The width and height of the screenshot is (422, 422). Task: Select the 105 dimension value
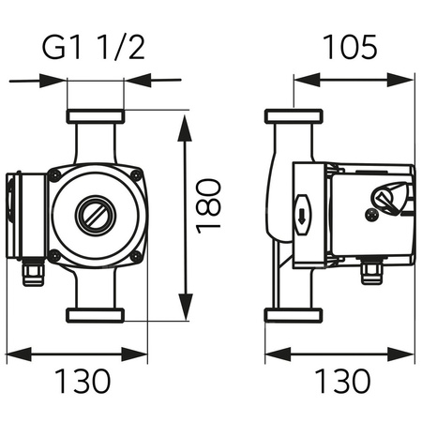point(352,44)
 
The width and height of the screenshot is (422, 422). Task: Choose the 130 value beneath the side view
point(340,381)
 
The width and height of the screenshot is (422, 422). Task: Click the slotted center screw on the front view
point(95,214)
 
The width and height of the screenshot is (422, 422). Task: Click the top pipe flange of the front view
point(95,118)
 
